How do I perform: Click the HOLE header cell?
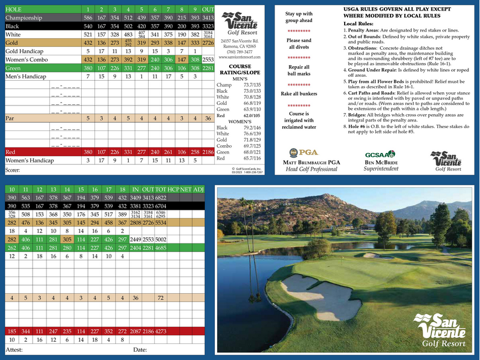pyautogui.click(x=14, y=9)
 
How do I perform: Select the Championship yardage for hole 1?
pyautogui.click(x=88, y=18)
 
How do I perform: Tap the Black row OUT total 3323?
pyautogui.click(x=208, y=26)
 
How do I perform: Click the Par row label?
pyautogui.click(x=10, y=118)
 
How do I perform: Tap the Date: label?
pyautogui.click(x=140, y=350)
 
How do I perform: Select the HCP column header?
pyautogui.click(x=173, y=189)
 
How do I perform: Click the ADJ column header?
pyautogui.click(x=198, y=189)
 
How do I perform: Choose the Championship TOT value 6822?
pyautogui.click(x=161, y=198)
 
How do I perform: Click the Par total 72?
pyautogui.click(x=161, y=298)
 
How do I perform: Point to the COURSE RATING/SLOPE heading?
pyautogui.click(x=240, y=69)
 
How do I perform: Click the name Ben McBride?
pyautogui.click(x=380, y=162)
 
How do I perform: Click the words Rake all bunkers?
pyautogui.click(x=298, y=94)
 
